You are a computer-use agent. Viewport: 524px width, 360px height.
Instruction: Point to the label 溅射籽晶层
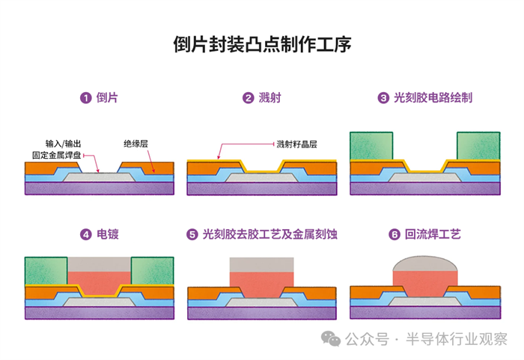click(x=297, y=143)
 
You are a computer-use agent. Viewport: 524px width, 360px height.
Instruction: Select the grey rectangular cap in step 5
click(x=261, y=264)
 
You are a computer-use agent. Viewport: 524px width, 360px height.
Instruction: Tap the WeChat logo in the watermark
click(x=330, y=340)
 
